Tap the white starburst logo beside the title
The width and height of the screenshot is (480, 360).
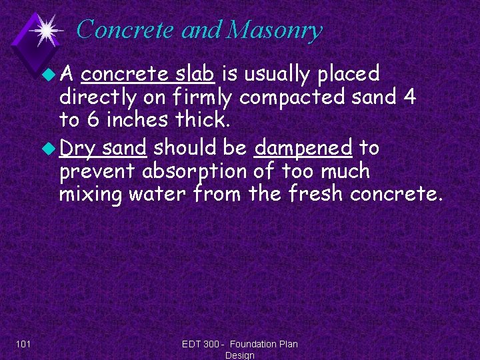pos(47,29)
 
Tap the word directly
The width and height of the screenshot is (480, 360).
pos(97,99)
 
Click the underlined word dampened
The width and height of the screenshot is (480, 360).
pos(303,147)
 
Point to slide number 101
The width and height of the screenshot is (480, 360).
pos(24,344)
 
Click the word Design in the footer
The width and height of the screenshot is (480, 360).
pos(240,355)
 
